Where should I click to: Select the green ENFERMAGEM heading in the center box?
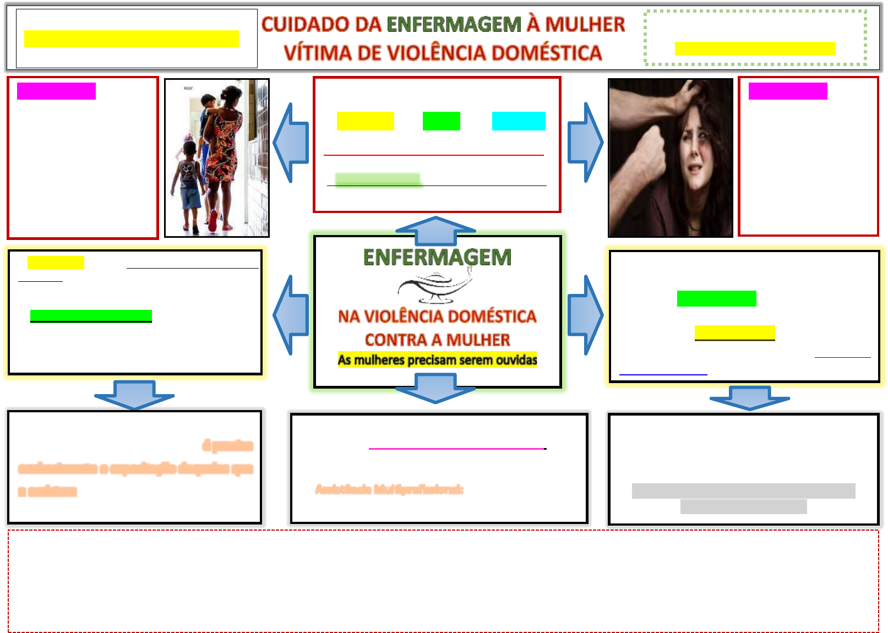[437, 258]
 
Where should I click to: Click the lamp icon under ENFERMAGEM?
[435, 287]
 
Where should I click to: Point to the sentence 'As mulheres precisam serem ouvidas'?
[437, 360]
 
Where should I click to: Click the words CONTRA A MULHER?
[437, 340]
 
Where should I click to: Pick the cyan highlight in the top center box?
[519, 121]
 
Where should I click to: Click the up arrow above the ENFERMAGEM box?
[435, 230]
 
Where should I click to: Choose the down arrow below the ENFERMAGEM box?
[435, 388]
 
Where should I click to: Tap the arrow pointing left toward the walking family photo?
[291, 143]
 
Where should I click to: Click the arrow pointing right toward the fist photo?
[585, 143]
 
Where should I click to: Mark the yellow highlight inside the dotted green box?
[755, 49]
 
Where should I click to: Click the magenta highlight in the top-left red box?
[56, 91]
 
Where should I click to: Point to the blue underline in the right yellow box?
[663, 375]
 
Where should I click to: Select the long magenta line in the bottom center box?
[457, 449]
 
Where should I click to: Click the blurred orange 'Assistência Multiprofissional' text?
[389, 489]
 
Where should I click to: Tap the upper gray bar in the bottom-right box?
[743, 490]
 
